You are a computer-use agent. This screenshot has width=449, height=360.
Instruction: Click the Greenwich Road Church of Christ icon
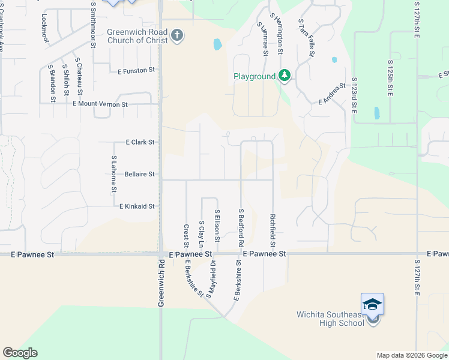tap(176, 36)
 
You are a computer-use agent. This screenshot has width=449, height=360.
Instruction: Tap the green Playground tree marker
tap(285, 76)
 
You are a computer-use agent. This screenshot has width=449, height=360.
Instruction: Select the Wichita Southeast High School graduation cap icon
tap(372, 304)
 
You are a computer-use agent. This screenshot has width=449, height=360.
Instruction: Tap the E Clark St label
tap(140, 142)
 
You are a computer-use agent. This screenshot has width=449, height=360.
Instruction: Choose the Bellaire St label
tap(140, 174)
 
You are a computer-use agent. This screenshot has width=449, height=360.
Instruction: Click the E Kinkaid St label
tap(137, 206)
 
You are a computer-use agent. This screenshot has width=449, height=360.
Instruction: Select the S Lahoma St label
tap(113, 174)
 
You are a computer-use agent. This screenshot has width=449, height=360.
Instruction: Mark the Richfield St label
tap(273, 230)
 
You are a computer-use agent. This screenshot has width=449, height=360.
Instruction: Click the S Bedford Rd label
tap(240, 228)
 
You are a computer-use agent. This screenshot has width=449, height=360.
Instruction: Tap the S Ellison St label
tap(217, 226)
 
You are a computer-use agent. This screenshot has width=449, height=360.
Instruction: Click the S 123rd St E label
tap(354, 95)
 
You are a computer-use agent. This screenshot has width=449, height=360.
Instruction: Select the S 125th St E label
tap(390, 78)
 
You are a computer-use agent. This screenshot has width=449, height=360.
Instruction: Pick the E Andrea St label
tap(332, 94)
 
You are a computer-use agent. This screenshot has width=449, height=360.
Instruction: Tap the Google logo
tap(20, 353)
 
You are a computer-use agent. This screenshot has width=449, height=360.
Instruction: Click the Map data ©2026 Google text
tap(411, 355)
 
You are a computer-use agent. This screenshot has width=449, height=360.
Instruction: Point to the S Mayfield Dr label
tap(211, 281)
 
